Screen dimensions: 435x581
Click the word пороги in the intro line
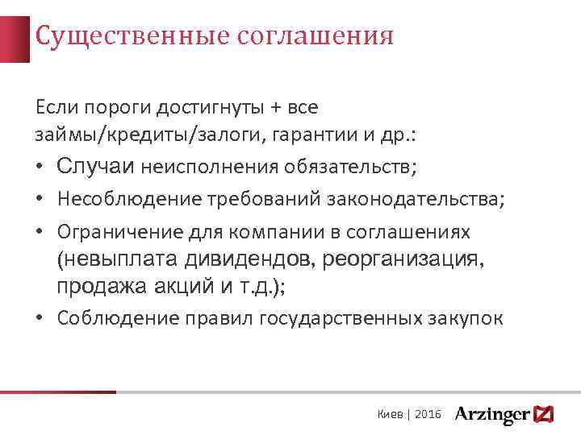(101, 107)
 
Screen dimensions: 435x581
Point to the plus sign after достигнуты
(236, 107)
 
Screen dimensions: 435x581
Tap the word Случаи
(96, 167)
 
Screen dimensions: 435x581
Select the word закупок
(467, 318)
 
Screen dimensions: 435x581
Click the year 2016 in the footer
(428, 413)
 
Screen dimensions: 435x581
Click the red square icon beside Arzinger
(545, 413)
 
